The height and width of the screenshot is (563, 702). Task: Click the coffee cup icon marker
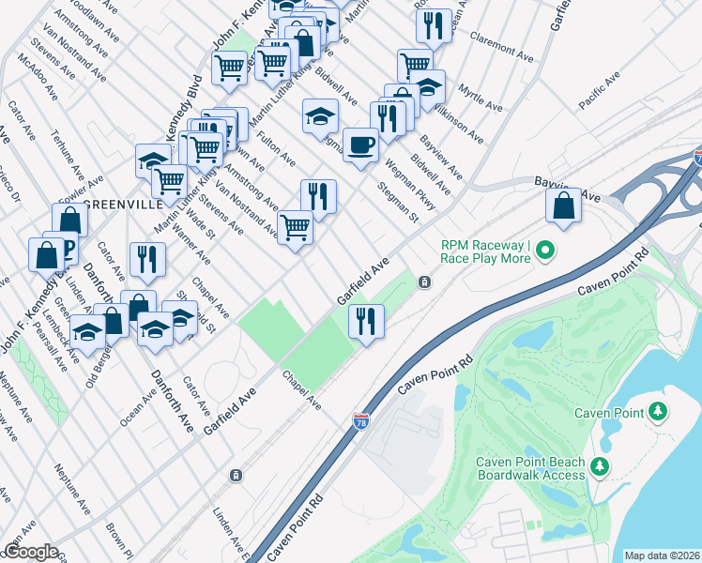[360, 145]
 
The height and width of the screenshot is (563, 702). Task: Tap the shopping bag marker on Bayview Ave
[563, 206]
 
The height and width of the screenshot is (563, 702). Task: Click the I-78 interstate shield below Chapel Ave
[361, 423]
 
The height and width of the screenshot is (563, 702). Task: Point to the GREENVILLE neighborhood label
[117, 204]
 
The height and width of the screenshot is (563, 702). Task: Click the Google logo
[30, 552]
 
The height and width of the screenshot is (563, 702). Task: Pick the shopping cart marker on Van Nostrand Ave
[295, 226]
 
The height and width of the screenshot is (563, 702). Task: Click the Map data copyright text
[662, 555]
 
